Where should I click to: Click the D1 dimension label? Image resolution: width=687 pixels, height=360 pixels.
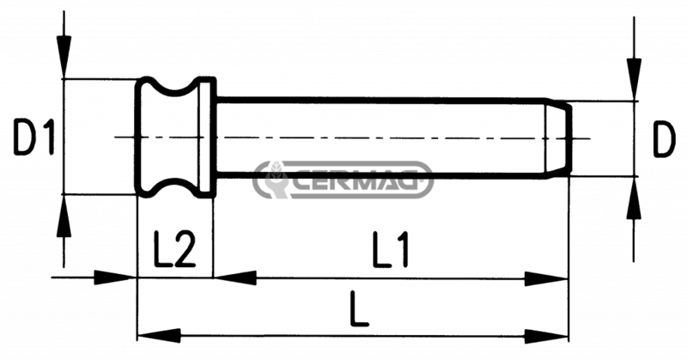(33, 137)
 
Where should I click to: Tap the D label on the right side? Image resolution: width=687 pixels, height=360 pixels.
(664, 138)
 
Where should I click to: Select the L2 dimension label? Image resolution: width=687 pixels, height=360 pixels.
(174, 249)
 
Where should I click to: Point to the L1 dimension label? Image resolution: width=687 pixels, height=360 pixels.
(391, 249)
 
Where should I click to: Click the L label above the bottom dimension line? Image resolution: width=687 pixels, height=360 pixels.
(359, 308)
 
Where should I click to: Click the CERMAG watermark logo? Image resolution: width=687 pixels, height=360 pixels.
(343, 180)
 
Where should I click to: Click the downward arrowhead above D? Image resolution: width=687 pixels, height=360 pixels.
(634, 79)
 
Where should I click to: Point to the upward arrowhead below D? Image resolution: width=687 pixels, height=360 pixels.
(634, 198)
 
